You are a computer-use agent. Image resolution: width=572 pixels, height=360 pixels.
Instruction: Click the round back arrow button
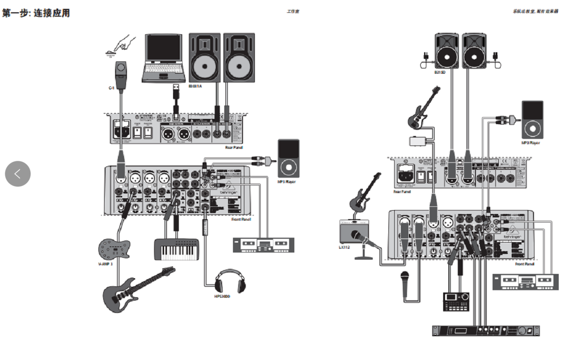pos(18,174)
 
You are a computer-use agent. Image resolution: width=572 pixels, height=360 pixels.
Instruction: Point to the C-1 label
pos(111,88)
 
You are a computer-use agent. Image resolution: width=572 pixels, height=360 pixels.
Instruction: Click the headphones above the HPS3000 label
pos(230,281)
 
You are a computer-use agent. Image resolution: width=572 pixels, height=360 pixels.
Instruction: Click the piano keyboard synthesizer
pos(176,249)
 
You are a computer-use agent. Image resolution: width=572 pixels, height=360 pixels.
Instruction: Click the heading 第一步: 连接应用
pos(36,13)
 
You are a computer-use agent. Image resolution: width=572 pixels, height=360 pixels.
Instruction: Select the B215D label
pos(440,72)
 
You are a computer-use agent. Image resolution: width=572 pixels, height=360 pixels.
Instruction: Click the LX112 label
pos(346,247)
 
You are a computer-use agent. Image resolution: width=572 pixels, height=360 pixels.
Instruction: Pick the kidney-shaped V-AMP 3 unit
pos(114,248)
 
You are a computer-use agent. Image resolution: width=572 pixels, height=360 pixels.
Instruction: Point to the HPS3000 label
pos(222,296)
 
